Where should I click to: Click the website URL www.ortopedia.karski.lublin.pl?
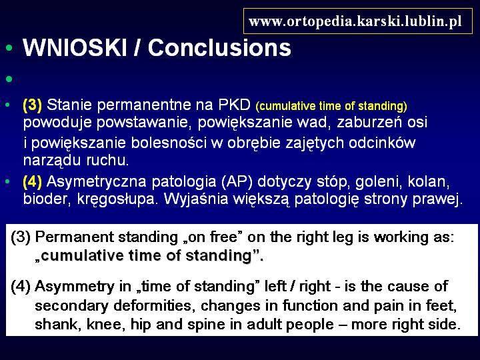point(355,22)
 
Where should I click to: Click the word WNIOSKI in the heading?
point(75,48)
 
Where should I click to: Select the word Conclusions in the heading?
point(219,48)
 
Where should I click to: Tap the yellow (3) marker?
point(33,105)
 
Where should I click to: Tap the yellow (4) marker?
point(33,181)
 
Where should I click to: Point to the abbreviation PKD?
point(234,105)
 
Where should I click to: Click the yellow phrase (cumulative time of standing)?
point(331,106)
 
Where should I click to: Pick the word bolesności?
point(169,143)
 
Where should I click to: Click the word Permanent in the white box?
point(75,237)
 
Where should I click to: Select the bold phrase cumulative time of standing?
point(146,255)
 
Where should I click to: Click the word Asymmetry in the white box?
point(75,287)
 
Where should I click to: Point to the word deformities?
point(154,305)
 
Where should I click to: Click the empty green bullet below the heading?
point(9,79)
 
